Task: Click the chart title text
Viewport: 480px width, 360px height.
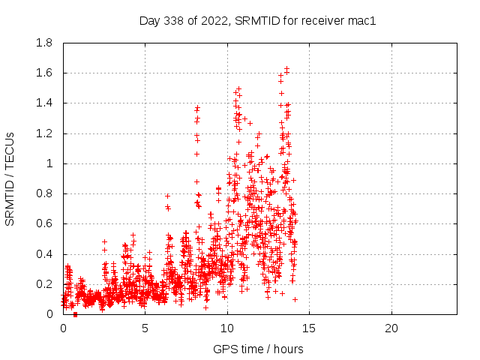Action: tap(257, 20)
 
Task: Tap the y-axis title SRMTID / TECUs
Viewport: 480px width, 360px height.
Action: tap(10, 178)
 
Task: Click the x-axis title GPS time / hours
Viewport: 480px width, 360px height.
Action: tap(258, 349)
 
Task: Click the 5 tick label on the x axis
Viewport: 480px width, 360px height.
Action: tap(145, 329)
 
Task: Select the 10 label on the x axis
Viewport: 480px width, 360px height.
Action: tap(227, 329)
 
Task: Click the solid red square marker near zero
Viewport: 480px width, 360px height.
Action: tap(75, 314)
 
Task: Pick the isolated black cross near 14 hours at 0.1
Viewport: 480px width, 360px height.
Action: tap(295, 299)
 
